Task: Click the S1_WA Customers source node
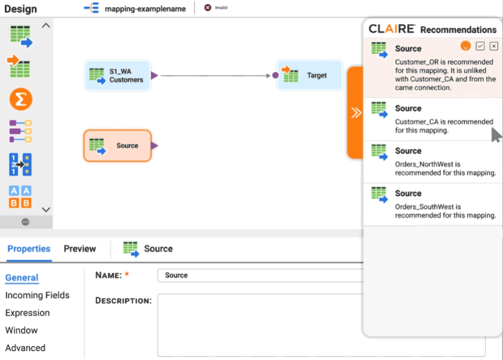(117, 75)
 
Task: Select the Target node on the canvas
(309, 75)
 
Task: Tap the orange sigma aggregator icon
(20, 99)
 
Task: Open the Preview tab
(80, 249)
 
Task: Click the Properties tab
(29, 249)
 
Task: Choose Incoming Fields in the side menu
(37, 295)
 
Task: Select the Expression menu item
(28, 312)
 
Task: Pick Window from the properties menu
(22, 330)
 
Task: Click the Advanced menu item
(25, 347)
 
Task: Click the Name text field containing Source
(259, 275)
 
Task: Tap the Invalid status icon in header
(208, 8)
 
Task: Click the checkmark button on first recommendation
(480, 46)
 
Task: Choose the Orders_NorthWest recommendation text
(445, 168)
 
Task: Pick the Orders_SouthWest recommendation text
(445, 211)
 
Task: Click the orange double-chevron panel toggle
(356, 113)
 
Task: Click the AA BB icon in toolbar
(20, 197)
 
